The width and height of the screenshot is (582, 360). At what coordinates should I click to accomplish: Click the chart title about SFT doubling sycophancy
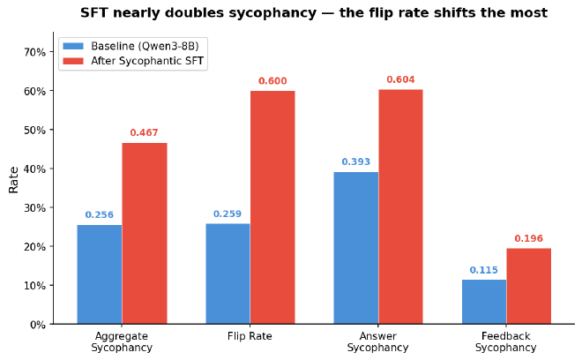[313, 13]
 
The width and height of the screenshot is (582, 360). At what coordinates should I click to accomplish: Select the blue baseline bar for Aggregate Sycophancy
[100, 274]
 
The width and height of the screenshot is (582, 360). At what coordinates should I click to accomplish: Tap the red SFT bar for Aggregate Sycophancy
[145, 234]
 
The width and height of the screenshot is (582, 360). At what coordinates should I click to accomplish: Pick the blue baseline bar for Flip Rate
[228, 274]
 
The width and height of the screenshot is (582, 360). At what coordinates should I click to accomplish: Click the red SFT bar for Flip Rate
[272, 207]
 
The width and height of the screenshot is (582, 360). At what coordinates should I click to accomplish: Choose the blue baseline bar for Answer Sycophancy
[356, 248]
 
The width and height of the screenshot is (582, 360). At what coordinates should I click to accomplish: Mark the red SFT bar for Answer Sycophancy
[401, 206]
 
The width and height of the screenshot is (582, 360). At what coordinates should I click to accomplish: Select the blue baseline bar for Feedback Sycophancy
[484, 302]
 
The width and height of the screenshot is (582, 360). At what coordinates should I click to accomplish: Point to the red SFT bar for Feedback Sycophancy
[529, 286]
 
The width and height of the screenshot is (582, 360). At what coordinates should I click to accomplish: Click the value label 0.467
[144, 133]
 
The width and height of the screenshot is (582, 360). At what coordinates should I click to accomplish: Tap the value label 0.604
[401, 80]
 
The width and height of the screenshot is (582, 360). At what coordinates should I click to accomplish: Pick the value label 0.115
[484, 270]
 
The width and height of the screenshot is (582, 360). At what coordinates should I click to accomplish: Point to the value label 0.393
[356, 162]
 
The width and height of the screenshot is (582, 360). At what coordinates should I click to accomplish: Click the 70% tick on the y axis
[34, 52]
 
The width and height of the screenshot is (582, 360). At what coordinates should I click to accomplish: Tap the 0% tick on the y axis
[36, 325]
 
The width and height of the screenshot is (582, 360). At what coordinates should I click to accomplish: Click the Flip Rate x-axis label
[250, 336]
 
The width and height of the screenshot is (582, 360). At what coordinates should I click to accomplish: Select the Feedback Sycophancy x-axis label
[506, 342]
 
